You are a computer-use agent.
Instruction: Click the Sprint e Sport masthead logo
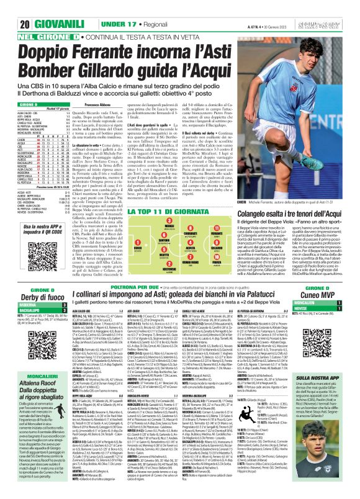click(x=331, y=24)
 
